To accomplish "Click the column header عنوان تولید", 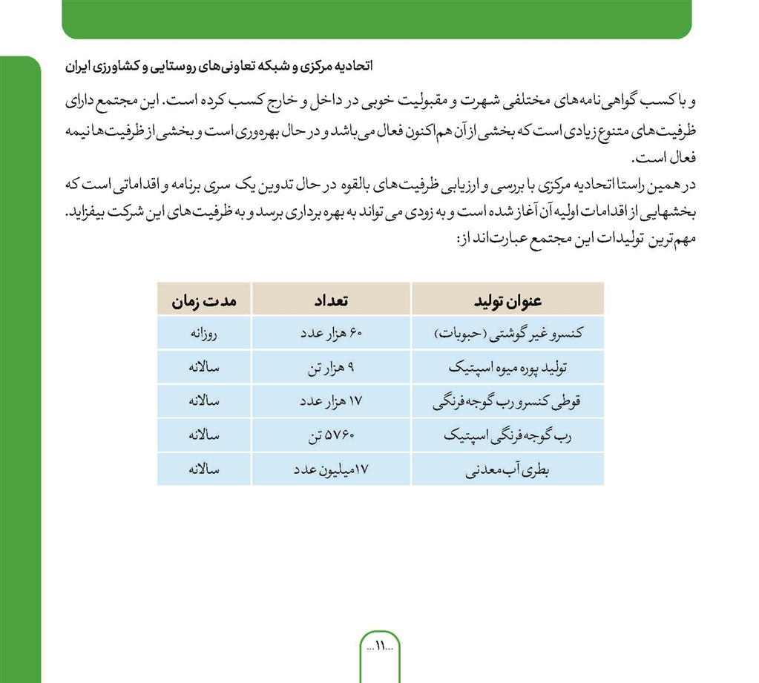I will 507,301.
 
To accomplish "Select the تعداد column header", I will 331,301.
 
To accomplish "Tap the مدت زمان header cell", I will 204,301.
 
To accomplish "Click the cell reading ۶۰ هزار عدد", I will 331,334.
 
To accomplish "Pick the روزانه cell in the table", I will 204,334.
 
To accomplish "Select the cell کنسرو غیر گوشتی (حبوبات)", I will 507,334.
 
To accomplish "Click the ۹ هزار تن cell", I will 331,368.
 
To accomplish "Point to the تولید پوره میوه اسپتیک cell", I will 507,368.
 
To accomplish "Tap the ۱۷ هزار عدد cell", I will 331,402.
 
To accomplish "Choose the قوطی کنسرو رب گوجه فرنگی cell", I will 507,402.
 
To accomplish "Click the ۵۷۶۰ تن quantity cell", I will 331,436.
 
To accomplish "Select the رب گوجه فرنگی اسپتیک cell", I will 507,436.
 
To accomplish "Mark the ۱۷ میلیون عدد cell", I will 331,470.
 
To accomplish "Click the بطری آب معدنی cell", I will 507,470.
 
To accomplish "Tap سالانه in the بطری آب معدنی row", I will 204,470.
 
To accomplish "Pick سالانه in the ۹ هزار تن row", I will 204,368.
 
